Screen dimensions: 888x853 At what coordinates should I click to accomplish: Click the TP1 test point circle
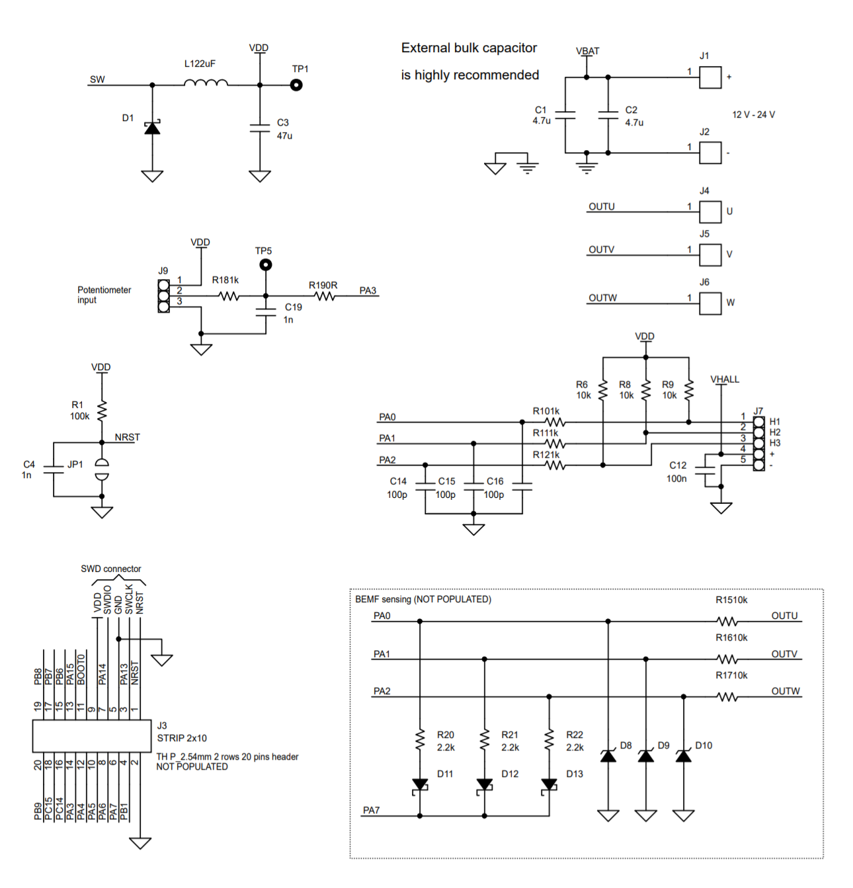click(x=297, y=85)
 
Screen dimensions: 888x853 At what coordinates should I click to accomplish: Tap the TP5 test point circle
click(x=265, y=265)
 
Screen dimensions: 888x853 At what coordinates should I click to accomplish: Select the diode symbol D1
click(x=152, y=128)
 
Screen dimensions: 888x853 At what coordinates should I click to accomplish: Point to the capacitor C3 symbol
click(x=260, y=128)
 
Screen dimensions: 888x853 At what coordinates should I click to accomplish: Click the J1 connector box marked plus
click(x=710, y=77)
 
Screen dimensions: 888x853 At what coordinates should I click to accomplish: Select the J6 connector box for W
click(x=710, y=303)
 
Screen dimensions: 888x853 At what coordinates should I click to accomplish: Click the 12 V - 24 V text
click(x=753, y=115)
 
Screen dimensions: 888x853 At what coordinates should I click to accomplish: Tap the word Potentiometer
click(x=104, y=290)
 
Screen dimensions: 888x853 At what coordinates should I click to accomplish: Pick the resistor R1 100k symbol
click(x=102, y=411)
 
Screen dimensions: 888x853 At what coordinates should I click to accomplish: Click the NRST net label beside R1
click(x=127, y=437)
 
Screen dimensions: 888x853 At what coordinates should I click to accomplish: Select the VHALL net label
click(x=725, y=380)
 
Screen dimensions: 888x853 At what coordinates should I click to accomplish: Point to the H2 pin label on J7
click(x=774, y=432)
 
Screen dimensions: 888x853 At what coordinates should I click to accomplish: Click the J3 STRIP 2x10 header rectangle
click(x=92, y=736)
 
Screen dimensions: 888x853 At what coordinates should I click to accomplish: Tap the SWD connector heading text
click(x=111, y=569)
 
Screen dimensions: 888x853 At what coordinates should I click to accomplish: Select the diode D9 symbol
click(x=646, y=755)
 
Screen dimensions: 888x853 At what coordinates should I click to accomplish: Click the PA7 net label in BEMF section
click(x=371, y=811)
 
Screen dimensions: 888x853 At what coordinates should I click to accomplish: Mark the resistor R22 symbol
click(x=549, y=739)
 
